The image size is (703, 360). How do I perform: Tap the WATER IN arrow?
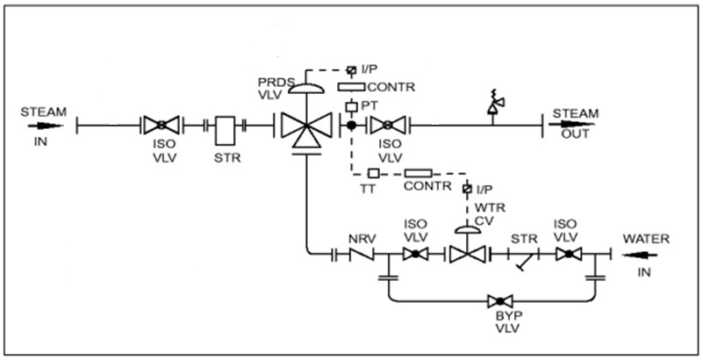tap(637, 254)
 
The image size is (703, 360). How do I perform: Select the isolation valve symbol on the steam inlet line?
tap(162, 126)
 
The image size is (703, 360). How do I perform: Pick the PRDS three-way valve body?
tap(305, 128)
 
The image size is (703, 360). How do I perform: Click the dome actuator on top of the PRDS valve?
tap(305, 87)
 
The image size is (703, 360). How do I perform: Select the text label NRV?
tap(361, 236)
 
